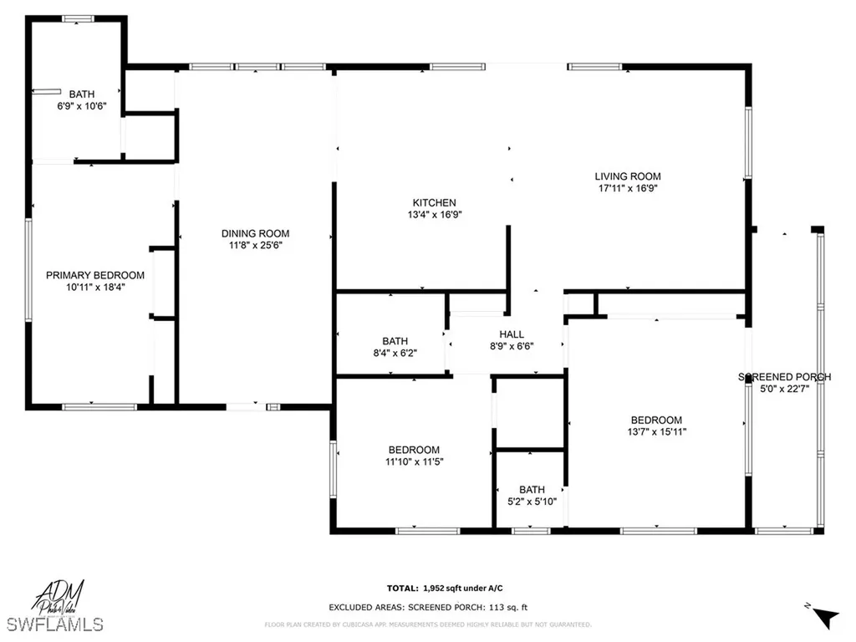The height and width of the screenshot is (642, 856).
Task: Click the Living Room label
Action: tap(628, 176)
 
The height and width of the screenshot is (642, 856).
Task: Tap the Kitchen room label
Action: tap(434, 202)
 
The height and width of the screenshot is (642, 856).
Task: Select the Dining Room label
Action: tap(255, 233)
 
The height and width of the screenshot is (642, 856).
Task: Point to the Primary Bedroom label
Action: tap(94, 275)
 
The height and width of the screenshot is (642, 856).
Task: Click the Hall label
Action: tap(512, 334)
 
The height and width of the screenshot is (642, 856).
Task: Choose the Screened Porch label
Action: tap(784, 377)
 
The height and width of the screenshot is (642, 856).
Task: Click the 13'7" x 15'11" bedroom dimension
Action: tap(656, 432)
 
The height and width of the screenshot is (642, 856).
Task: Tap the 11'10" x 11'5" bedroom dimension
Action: tap(412, 461)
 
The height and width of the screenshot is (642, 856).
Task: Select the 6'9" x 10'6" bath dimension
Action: tap(82, 106)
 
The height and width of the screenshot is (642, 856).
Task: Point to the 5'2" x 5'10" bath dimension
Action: tap(532, 502)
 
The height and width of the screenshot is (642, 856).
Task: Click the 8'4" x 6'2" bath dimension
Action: tap(395, 353)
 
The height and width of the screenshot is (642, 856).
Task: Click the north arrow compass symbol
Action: tap(826, 617)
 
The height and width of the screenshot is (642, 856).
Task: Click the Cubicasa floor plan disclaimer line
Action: tap(428, 624)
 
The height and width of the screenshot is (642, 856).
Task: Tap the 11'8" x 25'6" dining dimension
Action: tap(255, 245)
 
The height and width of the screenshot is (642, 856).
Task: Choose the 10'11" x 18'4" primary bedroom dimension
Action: tap(94, 287)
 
